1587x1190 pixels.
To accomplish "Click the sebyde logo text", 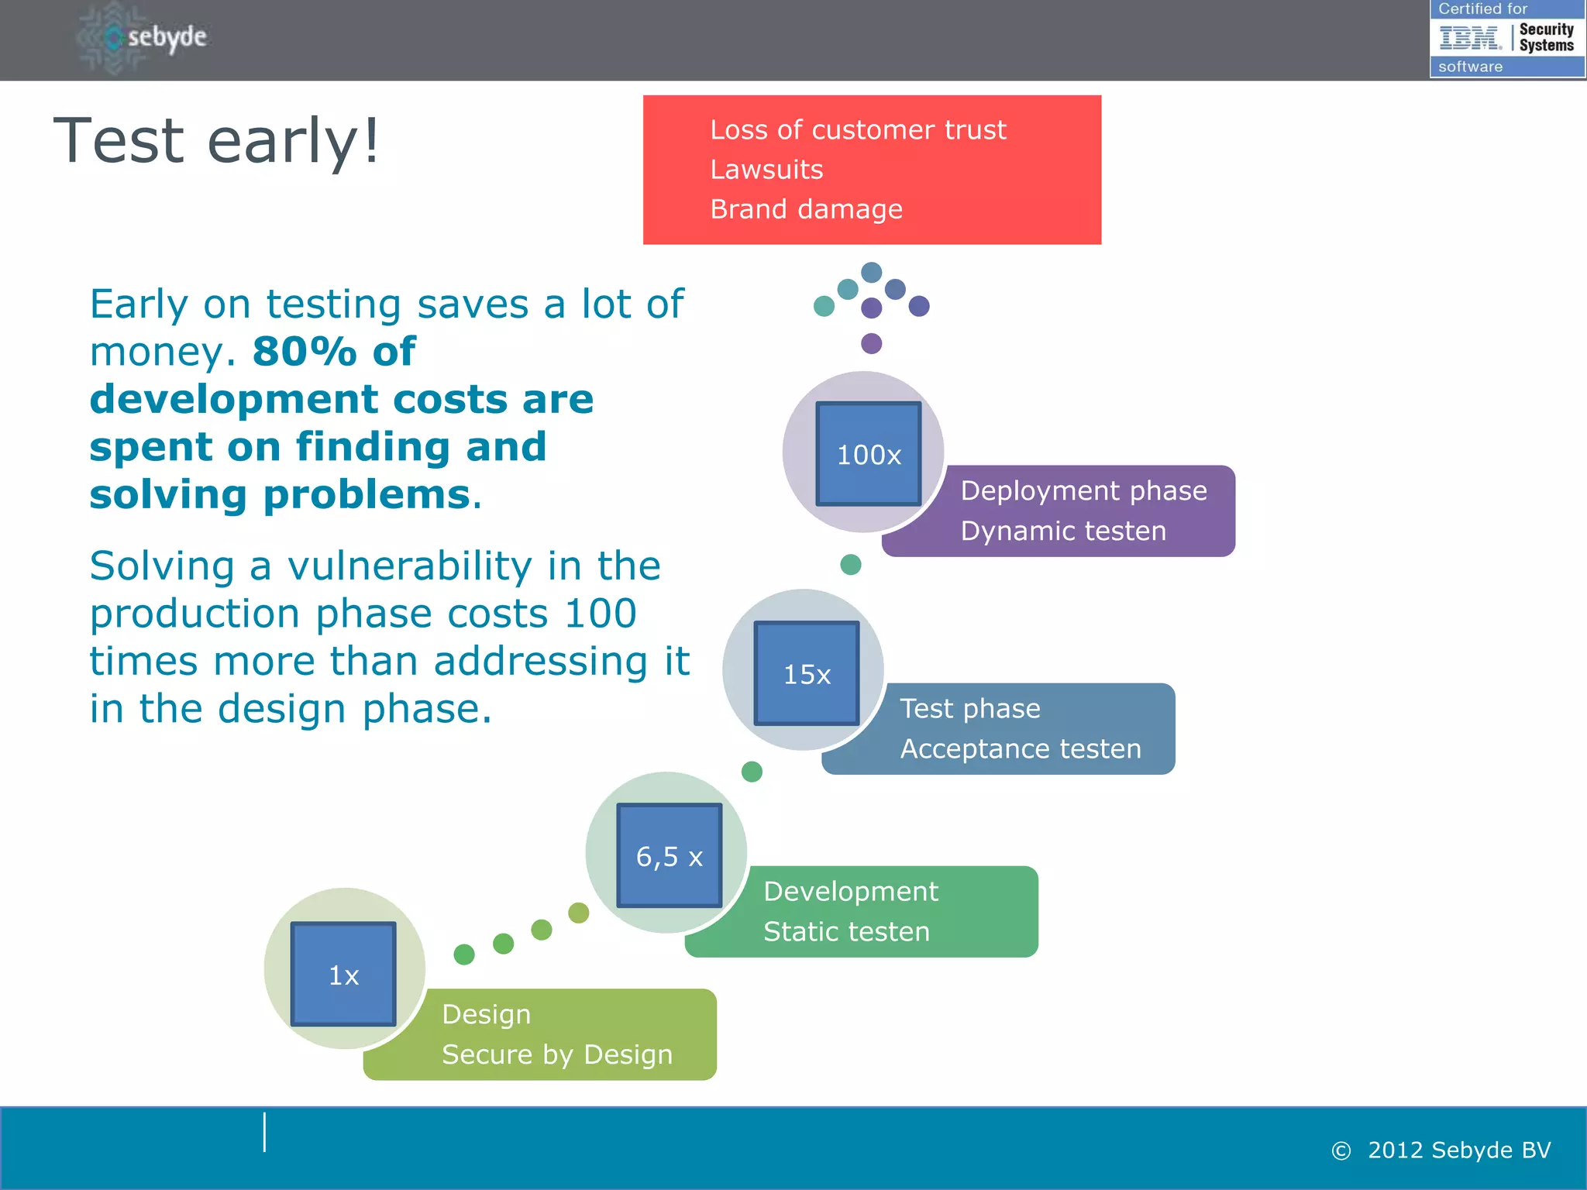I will pyautogui.click(x=167, y=36).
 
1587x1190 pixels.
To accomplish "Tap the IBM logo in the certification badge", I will pyautogui.click(x=1468, y=37).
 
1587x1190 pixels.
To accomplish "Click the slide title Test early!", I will pyautogui.click(x=216, y=140).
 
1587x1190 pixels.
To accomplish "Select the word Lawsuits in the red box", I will pyautogui.click(x=766, y=170).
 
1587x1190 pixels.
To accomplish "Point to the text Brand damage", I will pyautogui.click(x=806, y=209).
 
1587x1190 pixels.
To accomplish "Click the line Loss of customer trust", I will pyautogui.click(x=858, y=130).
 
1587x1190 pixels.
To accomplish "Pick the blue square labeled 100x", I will pyautogui.click(x=869, y=454).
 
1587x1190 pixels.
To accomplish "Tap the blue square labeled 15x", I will pyautogui.click(x=807, y=673).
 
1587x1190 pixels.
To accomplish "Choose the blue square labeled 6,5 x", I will pyautogui.click(x=670, y=855).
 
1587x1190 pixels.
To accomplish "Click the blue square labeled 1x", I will pyautogui.click(x=343, y=974).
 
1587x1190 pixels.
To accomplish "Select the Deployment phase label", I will pyautogui.click(x=1083, y=491).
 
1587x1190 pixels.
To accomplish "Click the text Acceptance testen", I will pyautogui.click(x=1021, y=749).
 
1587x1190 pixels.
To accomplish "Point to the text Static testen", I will pyautogui.click(x=846, y=931).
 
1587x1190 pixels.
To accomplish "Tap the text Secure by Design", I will pyautogui.click(x=557, y=1054).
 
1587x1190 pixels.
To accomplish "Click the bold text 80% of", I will pyautogui.click(x=334, y=352).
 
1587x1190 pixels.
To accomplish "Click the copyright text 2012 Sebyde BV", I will pyautogui.click(x=1458, y=1150).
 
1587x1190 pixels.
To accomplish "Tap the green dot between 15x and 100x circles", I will pyautogui.click(x=851, y=564).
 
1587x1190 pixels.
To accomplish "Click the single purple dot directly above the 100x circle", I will pyautogui.click(x=872, y=343).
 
